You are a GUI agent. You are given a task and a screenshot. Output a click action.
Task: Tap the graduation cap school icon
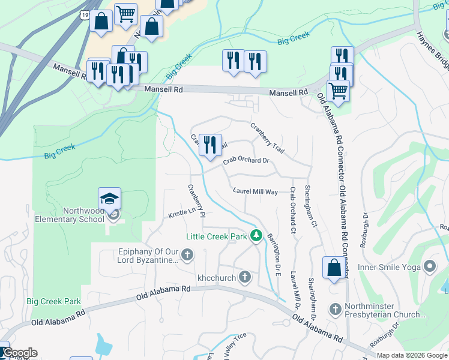pyautogui.click(x=109, y=199)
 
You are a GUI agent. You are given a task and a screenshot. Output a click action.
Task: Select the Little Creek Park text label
pyautogui.click(x=216, y=236)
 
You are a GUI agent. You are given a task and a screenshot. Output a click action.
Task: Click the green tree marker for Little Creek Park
pyautogui.click(x=256, y=236)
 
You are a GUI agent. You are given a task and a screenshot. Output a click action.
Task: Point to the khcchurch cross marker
pyautogui.click(x=245, y=277)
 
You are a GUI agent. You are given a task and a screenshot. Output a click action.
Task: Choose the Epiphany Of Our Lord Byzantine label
pyautogui.click(x=148, y=256)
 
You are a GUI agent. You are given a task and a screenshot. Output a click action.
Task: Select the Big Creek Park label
pyautogui.click(x=53, y=301)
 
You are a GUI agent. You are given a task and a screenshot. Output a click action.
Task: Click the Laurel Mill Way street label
pyautogui.click(x=255, y=191)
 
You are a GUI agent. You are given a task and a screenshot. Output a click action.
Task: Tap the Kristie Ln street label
pyautogui.click(x=182, y=213)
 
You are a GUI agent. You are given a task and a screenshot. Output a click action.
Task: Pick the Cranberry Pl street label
pyautogui.click(x=196, y=200)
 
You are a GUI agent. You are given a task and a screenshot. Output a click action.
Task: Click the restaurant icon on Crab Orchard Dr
pyautogui.click(x=209, y=145)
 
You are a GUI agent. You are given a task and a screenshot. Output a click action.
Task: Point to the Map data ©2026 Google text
pyautogui.click(x=411, y=355)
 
